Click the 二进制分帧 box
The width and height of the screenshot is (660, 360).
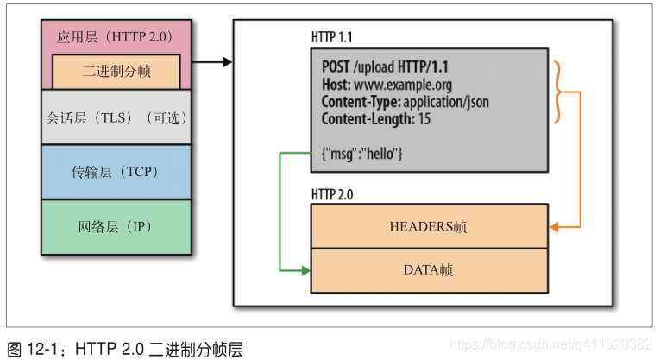tap(116, 71)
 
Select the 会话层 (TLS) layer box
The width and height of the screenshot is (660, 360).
tap(116, 117)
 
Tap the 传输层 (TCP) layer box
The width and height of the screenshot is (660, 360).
tap(116, 172)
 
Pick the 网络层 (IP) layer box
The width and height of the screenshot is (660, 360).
tap(116, 227)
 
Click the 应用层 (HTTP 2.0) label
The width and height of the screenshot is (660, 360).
tap(116, 37)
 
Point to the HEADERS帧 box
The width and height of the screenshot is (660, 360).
tap(428, 226)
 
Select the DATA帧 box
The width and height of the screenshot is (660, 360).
tap(428, 270)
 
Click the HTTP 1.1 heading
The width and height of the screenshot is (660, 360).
tap(331, 38)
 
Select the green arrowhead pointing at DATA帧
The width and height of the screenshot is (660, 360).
tap(305, 270)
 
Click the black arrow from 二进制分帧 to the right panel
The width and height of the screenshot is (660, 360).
tap(211, 62)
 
